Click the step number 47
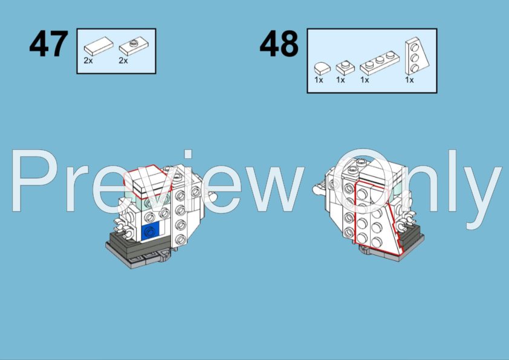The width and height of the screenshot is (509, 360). click(x=49, y=43)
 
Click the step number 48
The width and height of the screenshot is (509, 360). click(x=279, y=43)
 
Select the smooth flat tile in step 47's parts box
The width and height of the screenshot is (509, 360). click(x=99, y=46)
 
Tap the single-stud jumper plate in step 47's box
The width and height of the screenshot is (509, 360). click(x=134, y=47)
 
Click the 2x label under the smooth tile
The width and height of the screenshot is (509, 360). click(x=88, y=60)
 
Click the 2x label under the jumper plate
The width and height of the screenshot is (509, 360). click(x=123, y=60)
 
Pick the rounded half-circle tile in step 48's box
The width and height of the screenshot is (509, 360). click(x=322, y=68)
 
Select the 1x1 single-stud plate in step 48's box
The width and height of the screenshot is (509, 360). click(x=345, y=68)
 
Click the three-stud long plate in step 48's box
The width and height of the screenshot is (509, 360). click(x=380, y=63)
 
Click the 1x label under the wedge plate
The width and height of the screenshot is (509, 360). click(x=409, y=80)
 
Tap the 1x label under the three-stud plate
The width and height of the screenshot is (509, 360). click(x=365, y=80)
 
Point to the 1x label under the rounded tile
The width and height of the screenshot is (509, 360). click(x=319, y=80)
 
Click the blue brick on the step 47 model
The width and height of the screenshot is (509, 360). click(x=151, y=231)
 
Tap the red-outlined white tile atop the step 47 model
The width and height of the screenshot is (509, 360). click(x=148, y=182)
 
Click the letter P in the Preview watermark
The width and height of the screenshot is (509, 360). click(x=34, y=181)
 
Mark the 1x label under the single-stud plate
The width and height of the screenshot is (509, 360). click(x=340, y=80)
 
